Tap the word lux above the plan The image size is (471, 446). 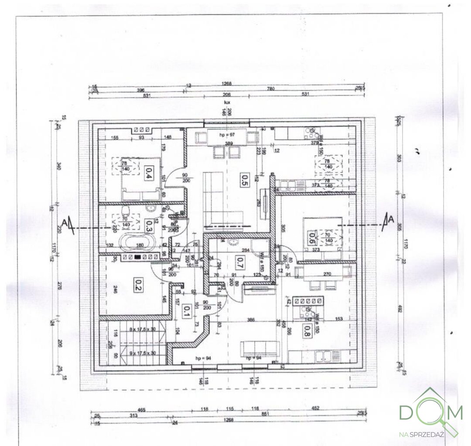(227, 102)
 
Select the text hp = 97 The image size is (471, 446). (227, 135)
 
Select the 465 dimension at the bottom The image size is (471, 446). (141, 409)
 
